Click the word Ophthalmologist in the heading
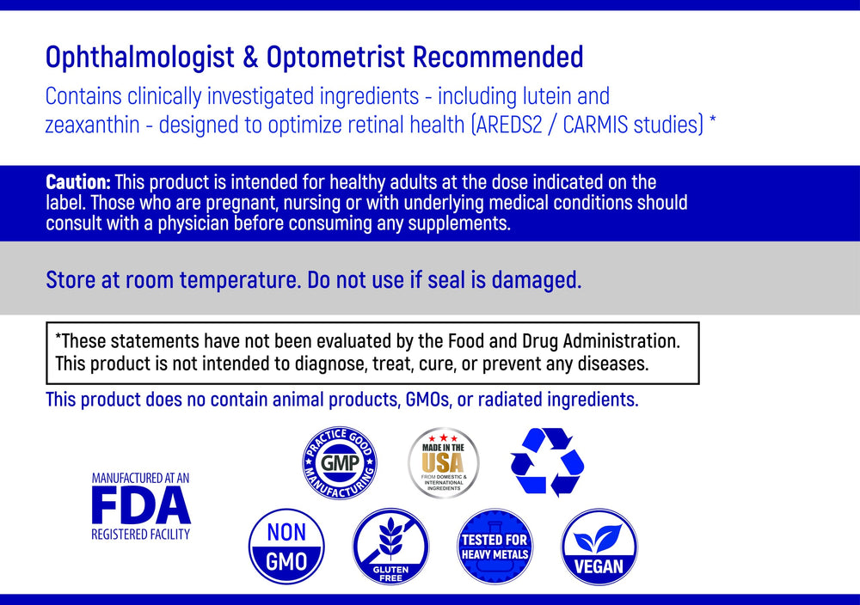tap(139, 58)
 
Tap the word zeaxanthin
tap(89, 125)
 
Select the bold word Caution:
tap(77, 182)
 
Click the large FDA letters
tap(141, 506)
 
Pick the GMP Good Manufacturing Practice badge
tap(339, 464)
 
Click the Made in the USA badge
tap(443, 463)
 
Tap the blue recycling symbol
tap(547, 462)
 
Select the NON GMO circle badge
tap(286, 547)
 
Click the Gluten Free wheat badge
tap(390, 547)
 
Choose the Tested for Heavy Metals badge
tap(494, 547)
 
